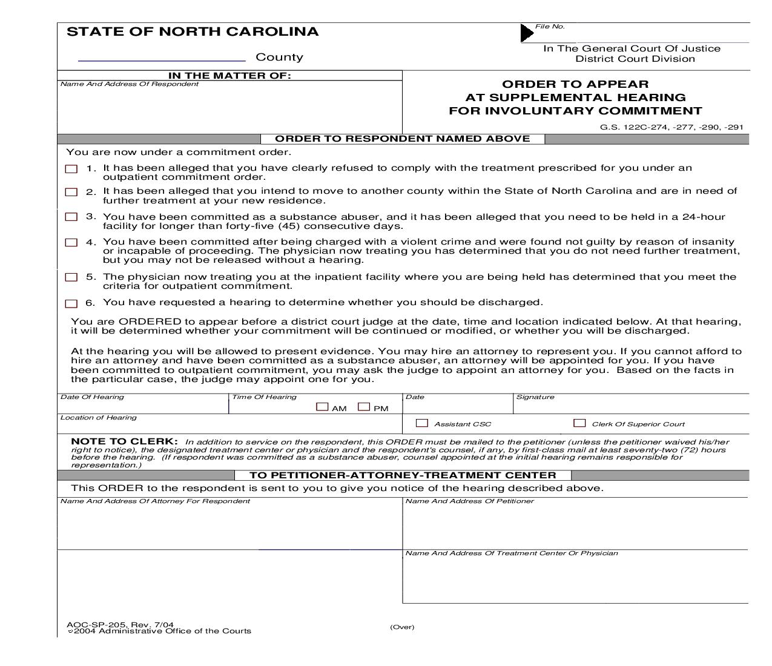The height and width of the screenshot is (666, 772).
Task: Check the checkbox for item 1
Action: point(71,169)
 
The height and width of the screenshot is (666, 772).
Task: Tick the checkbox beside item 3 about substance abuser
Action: point(71,217)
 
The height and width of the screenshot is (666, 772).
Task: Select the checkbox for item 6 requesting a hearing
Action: point(71,303)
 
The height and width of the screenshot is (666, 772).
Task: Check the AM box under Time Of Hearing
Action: point(322,407)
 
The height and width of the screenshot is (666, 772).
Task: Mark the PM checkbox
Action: point(364,407)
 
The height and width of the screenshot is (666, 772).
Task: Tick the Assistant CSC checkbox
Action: point(422,423)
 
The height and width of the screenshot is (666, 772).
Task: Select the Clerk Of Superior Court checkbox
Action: point(579,423)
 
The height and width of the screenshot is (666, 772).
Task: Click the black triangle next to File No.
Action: point(527,33)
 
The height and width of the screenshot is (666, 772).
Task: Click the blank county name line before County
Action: point(162,58)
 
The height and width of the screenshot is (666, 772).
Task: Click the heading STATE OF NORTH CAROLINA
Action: point(193,32)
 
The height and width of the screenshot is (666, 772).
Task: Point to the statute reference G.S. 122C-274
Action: point(671,127)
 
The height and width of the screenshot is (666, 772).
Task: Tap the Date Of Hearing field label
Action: point(92,397)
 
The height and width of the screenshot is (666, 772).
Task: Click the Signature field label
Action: point(535,397)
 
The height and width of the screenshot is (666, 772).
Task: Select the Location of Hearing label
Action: point(99,418)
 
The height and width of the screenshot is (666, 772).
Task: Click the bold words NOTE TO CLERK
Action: point(124,441)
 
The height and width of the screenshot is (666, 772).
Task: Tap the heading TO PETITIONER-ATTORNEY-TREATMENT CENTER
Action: point(403,475)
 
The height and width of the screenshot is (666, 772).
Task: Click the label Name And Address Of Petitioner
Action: point(470,501)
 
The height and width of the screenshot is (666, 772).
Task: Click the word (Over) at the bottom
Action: point(402,627)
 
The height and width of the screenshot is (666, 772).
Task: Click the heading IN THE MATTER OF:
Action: point(229,76)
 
